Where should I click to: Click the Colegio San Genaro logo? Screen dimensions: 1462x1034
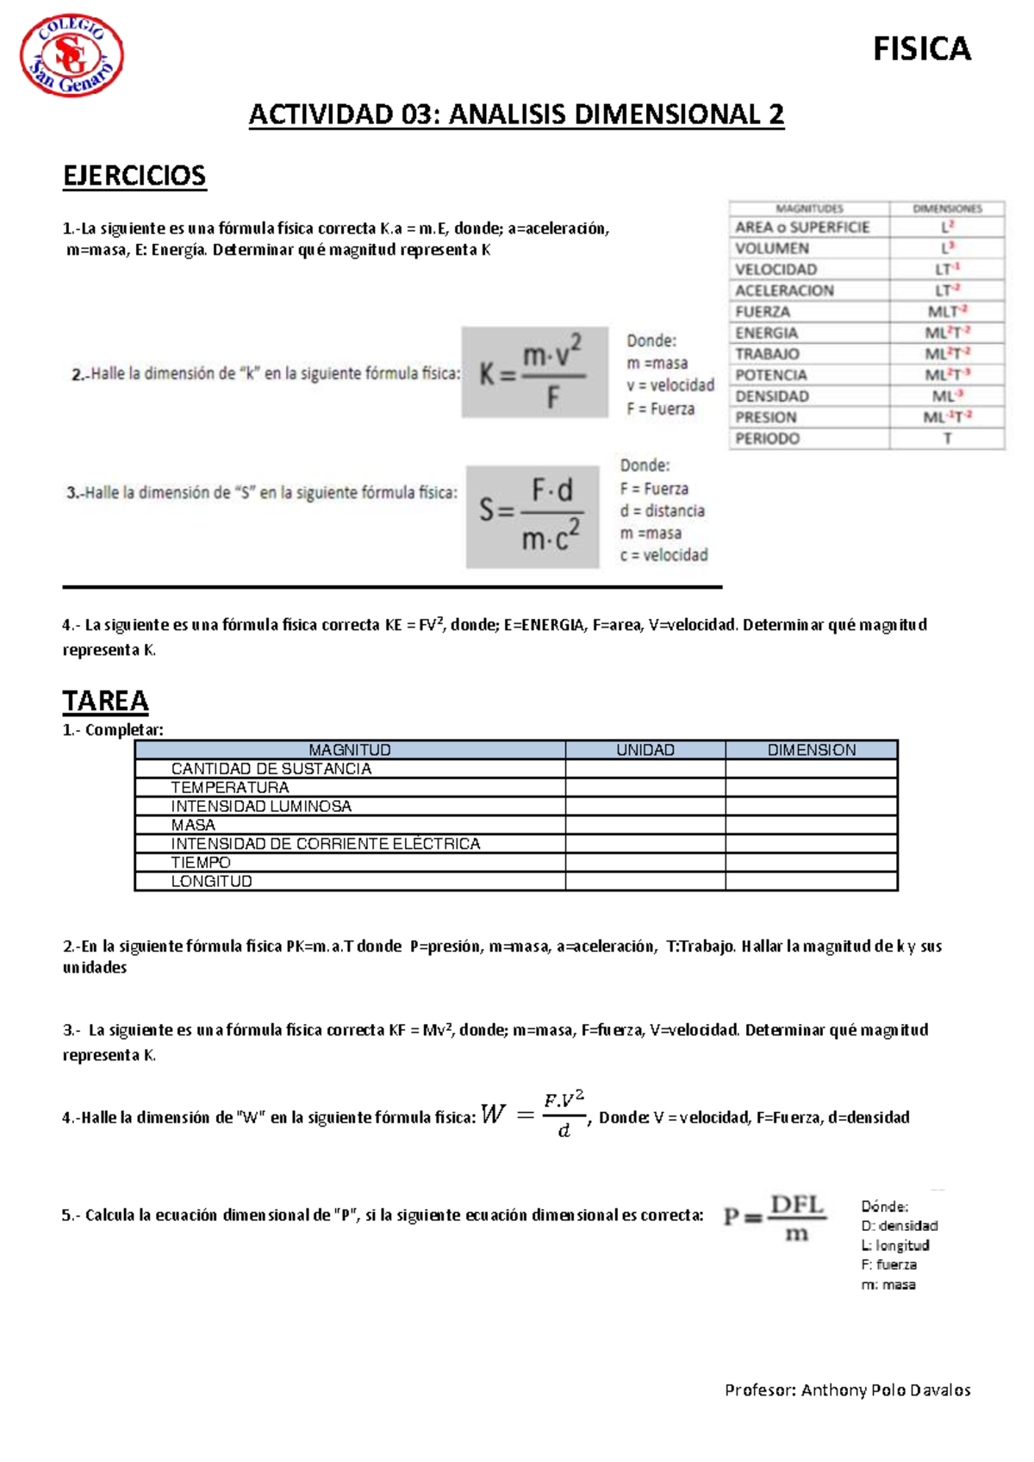pyautogui.click(x=72, y=56)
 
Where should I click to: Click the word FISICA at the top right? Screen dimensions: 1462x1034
pyautogui.click(x=921, y=49)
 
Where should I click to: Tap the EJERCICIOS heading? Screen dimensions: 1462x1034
pyautogui.click(x=134, y=176)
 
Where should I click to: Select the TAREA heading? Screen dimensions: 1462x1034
pyautogui.click(x=105, y=701)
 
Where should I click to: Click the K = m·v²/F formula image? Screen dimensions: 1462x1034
pyautogui.click(x=534, y=372)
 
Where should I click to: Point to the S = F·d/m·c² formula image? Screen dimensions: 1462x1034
pyautogui.click(x=533, y=516)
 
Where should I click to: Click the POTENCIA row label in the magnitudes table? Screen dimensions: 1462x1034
pyautogui.click(x=771, y=375)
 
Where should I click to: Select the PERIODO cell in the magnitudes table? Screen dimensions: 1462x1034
pyautogui.click(x=768, y=439)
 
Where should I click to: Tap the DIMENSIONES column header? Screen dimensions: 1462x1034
pyautogui.click(x=947, y=209)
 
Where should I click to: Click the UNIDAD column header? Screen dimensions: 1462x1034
pyautogui.click(x=645, y=750)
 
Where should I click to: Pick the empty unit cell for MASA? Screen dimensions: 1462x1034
pyautogui.click(x=645, y=825)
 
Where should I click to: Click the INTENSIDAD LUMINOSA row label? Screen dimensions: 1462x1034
pyautogui.click(x=261, y=806)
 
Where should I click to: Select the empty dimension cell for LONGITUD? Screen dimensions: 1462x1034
pyautogui.click(x=811, y=881)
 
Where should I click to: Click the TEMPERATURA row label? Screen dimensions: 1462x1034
pyautogui.click(x=230, y=787)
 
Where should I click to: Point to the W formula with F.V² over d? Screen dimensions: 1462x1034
pyautogui.click(x=534, y=1115)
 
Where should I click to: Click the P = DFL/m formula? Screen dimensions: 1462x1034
pyautogui.click(x=774, y=1217)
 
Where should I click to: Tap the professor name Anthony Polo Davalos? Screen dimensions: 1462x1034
pyautogui.click(x=885, y=1390)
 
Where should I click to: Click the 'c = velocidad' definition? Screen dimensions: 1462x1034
pyautogui.click(x=663, y=555)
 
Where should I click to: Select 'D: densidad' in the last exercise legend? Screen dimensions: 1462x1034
pyautogui.click(x=899, y=1226)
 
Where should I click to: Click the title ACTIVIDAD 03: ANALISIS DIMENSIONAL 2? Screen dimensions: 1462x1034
pyautogui.click(x=516, y=115)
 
